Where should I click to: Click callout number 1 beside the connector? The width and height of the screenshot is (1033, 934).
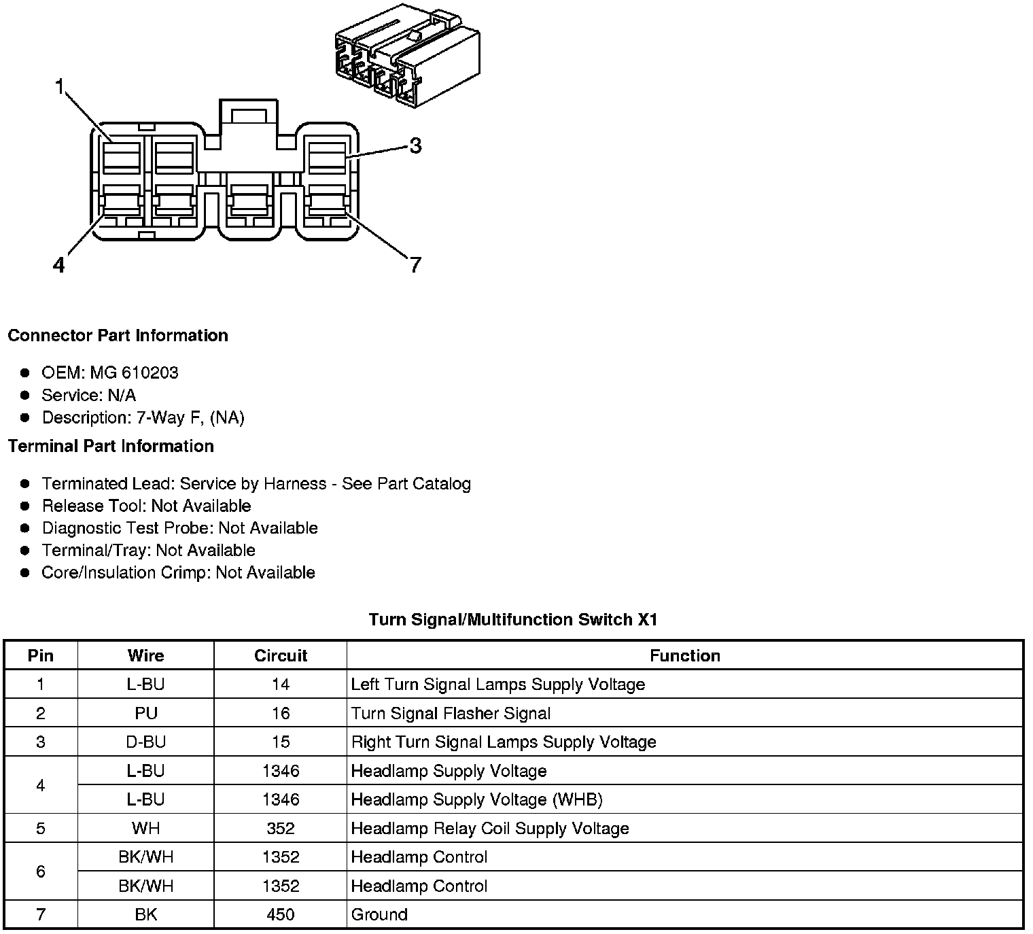pyautogui.click(x=60, y=87)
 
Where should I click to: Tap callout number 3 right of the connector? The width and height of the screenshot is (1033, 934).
pyautogui.click(x=415, y=145)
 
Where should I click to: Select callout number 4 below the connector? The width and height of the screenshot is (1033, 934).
pyautogui.click(x=59, y=265)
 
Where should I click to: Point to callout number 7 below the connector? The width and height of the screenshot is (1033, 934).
pyautogui.click(x=415, y=264)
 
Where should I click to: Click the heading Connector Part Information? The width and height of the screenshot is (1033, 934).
pyautogui.click(x=118, y=336)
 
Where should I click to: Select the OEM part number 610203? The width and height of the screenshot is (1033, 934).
pyautogui.click(x=150, y=373)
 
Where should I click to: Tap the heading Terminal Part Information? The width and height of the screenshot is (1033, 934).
pyautogui.click(x=111, y=447)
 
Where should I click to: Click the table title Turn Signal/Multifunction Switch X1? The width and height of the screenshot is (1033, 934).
pyautogui.click(x=513, y=619)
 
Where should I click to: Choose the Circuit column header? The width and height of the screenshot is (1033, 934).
pyautogui.click(x=280, y=656)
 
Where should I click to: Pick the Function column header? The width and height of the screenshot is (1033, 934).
pyautogui.click(x=684, y=656)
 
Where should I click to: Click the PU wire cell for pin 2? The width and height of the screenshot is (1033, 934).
pyautogui.click(x=145, y=714)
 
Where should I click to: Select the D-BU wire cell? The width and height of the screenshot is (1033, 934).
pyautogui.click(x=145, y=742)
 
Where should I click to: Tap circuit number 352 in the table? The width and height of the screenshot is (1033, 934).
pyautogui.click(x=280, y=829)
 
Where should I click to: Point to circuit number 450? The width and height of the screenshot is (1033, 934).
pyautogui.click(x=280, y=915)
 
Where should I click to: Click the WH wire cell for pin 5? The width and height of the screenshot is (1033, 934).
pyautogui.click(x=145, y=829)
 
